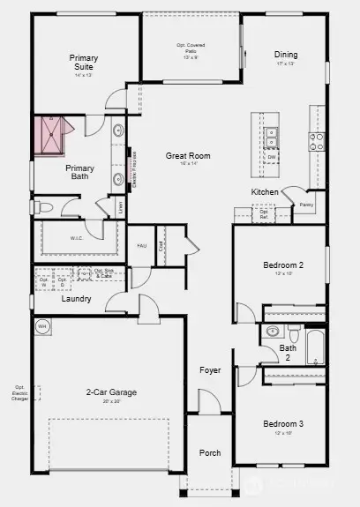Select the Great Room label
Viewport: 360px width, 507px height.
click(187, 155)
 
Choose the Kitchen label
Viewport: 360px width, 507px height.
click(265, 191)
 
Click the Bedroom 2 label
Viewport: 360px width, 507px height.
click(283, 265)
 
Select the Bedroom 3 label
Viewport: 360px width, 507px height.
click(283, 423)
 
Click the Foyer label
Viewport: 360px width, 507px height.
click(210, 370)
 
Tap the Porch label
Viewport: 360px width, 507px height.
click(210, 453)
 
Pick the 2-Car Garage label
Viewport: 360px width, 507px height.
click(110, 392)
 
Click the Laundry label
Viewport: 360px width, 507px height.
click(77, 298)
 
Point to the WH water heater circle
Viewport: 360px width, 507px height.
click(41, 327)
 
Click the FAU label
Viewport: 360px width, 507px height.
click(141, 246)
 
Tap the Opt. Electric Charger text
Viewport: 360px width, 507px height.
click(19, 392)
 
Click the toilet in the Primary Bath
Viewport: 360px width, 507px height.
click(47, 208)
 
